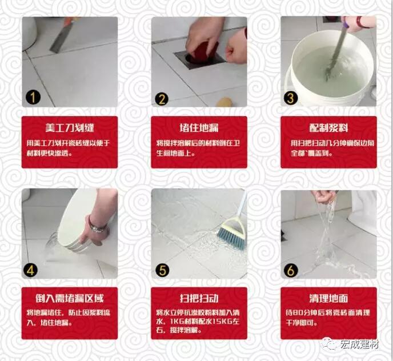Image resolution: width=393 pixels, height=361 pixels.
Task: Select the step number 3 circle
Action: pyautogui.click(x=292, y=98)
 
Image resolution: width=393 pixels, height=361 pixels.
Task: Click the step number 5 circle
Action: pyautogui.click(x=163, y=269)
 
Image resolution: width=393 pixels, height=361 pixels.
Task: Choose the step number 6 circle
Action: pyautogui.click(x=292, y=270)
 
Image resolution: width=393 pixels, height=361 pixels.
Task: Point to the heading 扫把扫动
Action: pyautogui.click(x=199, y=298)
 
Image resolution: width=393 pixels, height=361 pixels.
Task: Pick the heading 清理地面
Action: pyautogui.click(x=328, y=298)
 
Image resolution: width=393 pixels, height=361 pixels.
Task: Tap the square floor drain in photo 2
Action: pyautogui.click(x=191, y=60)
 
